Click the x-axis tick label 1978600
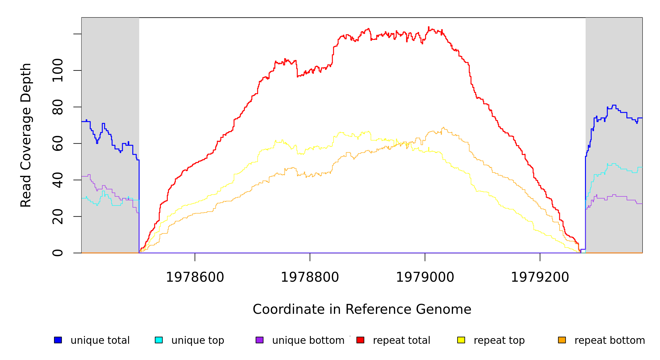195,277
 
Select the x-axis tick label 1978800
310,277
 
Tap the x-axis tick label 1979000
425,277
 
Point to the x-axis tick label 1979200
540,277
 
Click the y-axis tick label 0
58,253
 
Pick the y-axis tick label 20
58,217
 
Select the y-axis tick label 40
58,180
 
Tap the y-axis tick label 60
58,143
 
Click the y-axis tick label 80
58,107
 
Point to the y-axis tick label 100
58,70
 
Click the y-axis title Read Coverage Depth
26,135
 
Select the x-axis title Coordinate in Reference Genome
362,309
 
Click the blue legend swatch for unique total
58,340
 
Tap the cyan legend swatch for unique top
159,340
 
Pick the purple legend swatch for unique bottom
259,340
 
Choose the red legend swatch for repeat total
360,340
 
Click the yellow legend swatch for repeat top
461,340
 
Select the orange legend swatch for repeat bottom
562,340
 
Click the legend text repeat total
401,340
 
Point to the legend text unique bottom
308,340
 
